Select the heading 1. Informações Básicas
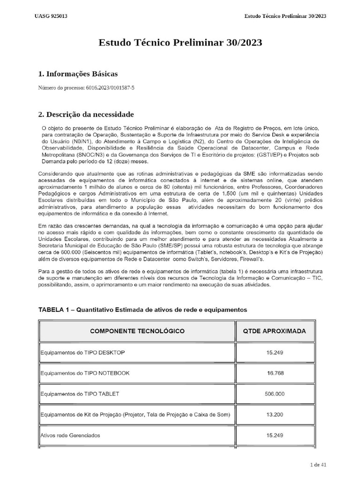77,74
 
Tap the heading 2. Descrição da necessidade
86,114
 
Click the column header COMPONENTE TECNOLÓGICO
137,331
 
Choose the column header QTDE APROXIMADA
274,331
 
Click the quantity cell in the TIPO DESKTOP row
274,352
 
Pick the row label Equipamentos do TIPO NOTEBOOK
85,373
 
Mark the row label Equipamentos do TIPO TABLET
80,394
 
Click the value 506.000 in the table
274,394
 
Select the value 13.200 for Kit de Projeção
274,414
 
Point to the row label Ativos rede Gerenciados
70,435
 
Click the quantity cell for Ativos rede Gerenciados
274,435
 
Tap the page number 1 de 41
318,465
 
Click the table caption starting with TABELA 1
142,310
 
